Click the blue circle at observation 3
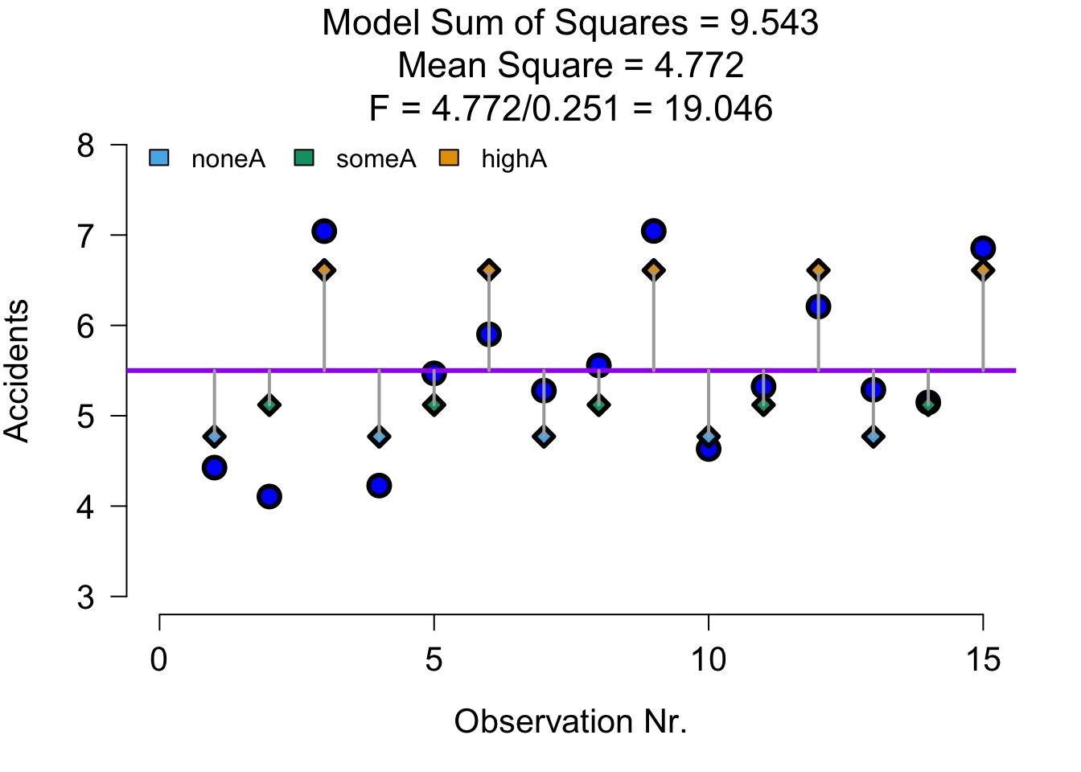pyautogui.click(x=324, y=231)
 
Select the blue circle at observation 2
pyautogui.click(x=269, y=496)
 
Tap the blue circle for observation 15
pyautogui.click(x=982, y=248)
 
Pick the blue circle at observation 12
pyautogui.click(x=818, y=306)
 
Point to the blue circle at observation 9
pyautogui.click(x=653, y=231)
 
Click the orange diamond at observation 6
pyautogui.click(x=489, y=270)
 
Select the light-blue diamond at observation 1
pyautogui.click(x=214, y=437)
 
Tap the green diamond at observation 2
pyautogui.click(x=269, y=404)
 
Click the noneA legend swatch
pyautogui.click(x=159, y=158)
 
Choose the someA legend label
pyautogui.click(x=376, y=159)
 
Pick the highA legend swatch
pyautogui.click(x=449, y=158)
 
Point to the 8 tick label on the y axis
pyautogui.click(x=86, y=146)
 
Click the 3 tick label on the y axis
pyautogui.click(x=86, y=597)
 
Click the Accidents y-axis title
pyautogui.click(x=18, y=371)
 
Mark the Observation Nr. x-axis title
pyautogui.click(x=570, y=722)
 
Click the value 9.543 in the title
pyautogui.click(x=774, y=23)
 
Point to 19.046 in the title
pyautogui.click(x=718, y=109)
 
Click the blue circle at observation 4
pyautogui.click(x=379, y=485)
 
